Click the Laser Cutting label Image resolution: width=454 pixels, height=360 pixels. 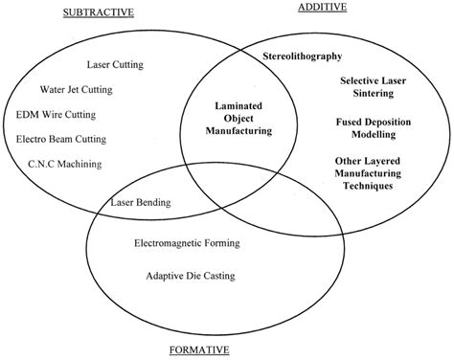pos(115,65)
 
